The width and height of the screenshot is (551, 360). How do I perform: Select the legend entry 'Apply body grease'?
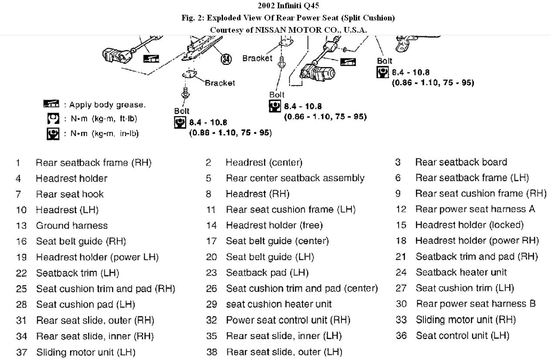tap(105, 105)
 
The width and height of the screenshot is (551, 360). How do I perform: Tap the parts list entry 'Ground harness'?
tap(71, 225)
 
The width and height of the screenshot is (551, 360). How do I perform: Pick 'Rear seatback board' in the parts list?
tap(461, 162)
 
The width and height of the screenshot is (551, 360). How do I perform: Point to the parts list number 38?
tap(211, 352)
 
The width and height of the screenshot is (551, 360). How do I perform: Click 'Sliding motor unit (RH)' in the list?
tap(466, 320)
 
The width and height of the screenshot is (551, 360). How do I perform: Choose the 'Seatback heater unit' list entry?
tap(461, 272)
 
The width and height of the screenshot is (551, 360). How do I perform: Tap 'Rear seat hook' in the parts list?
tap(70, 194)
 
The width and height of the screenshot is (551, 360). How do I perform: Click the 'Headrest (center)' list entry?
tap(264, 163)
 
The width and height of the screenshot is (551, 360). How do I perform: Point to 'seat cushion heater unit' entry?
tap(278, 304)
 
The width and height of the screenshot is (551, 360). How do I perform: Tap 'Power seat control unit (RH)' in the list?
tap(288, 320)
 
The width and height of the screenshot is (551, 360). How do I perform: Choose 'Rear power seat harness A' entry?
tap(475, 209)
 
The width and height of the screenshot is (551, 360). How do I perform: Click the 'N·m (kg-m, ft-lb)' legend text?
tap(104, 119)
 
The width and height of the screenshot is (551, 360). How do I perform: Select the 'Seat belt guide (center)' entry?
tap(277, 241)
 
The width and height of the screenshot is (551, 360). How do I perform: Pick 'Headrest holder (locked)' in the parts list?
tap(469, 225)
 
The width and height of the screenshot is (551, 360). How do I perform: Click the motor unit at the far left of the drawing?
tap(117, 55)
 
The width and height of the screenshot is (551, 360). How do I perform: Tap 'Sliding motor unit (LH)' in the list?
tap(85, 352)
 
